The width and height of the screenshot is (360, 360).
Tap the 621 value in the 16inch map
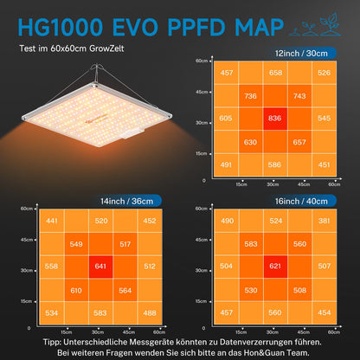click(x=274, y=267)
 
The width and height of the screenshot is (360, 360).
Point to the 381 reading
click(x=323, y=221)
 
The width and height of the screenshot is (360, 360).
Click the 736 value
click(x=251, y=96)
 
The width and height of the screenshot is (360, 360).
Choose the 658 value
click(x=274, y=73)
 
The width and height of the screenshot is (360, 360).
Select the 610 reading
click(x=76, y=291)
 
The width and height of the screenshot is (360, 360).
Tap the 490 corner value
click(x=227, y=221)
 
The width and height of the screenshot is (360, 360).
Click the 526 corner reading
click(x=323, y=73)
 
